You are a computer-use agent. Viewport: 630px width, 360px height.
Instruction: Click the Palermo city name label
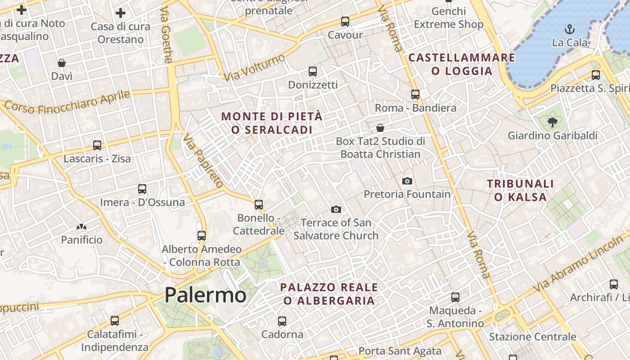205,295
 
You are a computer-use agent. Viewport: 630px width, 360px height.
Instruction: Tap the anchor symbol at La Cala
570,30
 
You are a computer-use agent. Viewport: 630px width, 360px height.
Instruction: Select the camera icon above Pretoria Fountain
407,181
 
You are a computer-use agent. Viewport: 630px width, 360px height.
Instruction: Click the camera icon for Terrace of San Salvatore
336,209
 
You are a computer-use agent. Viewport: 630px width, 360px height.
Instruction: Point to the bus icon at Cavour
345,21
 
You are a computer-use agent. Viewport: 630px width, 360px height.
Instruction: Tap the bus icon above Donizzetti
313,71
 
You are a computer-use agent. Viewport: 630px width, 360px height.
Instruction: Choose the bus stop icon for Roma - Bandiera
415,94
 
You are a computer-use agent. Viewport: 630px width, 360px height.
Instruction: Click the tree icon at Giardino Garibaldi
553,122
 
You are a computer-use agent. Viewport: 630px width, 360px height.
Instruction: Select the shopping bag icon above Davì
62,63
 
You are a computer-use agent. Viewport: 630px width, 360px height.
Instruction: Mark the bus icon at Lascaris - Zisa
97,145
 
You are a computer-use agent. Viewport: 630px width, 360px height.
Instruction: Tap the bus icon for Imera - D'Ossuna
142,189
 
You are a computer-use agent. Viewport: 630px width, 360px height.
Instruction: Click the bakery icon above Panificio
81,227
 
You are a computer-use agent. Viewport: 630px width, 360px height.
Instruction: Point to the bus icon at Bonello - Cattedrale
259,205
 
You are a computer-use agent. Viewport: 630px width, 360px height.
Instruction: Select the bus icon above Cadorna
282,321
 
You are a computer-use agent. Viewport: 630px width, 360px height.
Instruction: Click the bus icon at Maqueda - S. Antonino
455,297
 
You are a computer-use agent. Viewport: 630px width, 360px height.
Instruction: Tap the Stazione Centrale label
532,337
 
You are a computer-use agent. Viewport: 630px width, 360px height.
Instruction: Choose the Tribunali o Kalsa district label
521,190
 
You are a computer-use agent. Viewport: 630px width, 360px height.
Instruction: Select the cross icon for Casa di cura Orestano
121,13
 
